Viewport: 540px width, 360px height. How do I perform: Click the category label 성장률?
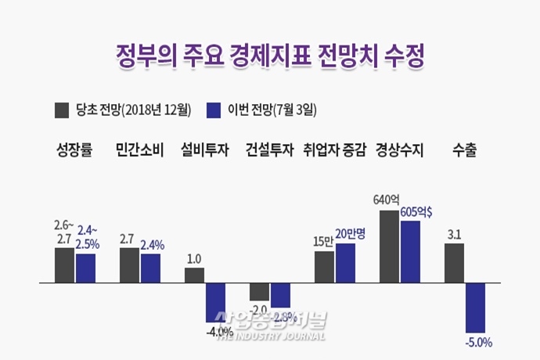[74, 149]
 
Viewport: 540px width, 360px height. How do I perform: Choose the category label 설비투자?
[204, 149]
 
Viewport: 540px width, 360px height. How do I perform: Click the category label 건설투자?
[269, 149]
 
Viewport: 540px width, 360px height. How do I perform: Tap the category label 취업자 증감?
[334, 149]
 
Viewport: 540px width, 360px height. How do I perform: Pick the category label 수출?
[464, 149]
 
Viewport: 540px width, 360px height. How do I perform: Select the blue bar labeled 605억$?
[410, 251]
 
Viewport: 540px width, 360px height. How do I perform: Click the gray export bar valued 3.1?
[454, 262]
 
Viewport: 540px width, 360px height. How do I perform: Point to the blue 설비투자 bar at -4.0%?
[215, 301]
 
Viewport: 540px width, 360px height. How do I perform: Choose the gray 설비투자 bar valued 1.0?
[194, 274]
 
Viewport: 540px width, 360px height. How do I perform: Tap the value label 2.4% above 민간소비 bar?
[153, 243]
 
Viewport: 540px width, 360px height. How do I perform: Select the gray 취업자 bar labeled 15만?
[324, 266]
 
